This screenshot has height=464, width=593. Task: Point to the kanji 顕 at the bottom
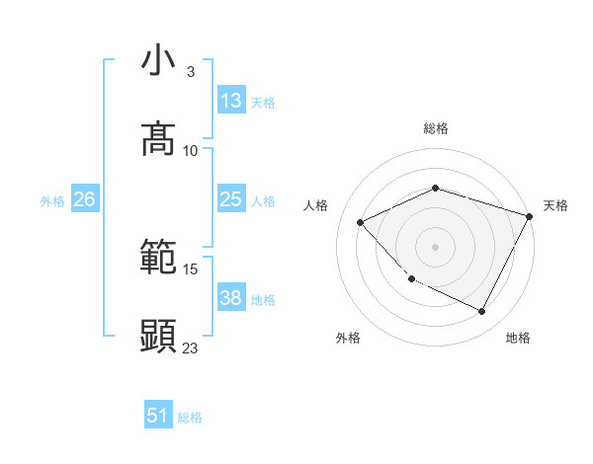coord(158,337)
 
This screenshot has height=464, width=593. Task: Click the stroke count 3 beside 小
coord(191,72)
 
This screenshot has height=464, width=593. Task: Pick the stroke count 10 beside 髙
coord(191,150)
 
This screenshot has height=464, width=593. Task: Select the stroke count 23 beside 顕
coord(191,348)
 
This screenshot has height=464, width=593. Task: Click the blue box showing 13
coord(231,100)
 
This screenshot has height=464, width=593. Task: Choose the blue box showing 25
coord(231,199)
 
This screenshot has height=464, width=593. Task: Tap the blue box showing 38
coord(231,298)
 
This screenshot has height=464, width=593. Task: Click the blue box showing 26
coord(84,199)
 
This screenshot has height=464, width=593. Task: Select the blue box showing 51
coord(158,416)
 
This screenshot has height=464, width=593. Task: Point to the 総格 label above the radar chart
coord(435,128)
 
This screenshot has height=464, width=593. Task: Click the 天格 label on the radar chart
coord(555,205)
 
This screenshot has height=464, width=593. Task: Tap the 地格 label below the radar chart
coord(518,339)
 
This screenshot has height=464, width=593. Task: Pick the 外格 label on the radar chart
coord(348,339)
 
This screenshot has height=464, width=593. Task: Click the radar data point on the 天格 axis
coord(530,216)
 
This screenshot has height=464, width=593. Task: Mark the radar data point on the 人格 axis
coord(361,223)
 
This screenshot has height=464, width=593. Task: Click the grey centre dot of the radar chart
coord(435,246)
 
